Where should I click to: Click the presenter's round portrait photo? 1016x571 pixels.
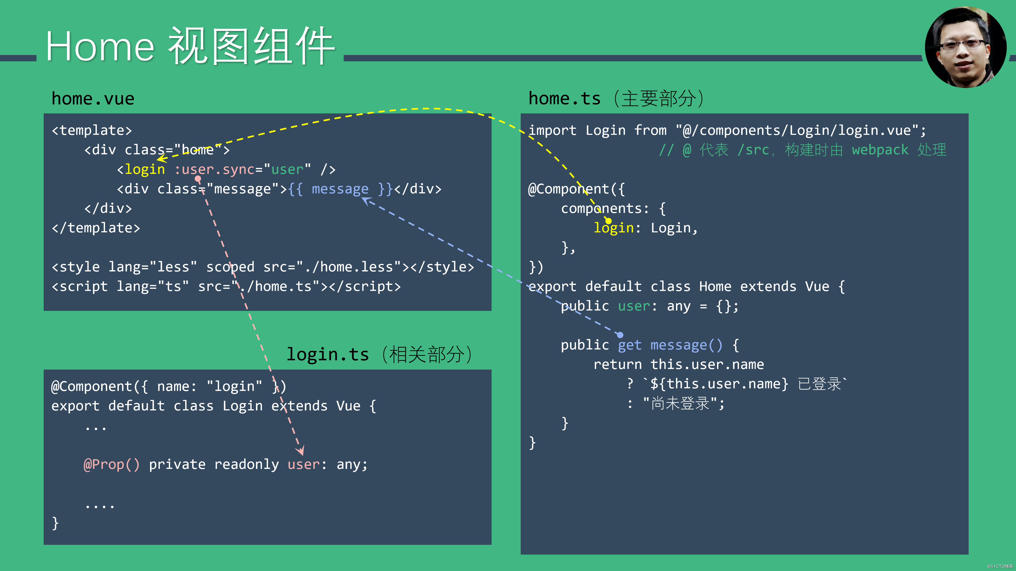(965, 47)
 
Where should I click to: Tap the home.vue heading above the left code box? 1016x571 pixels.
(93, 99)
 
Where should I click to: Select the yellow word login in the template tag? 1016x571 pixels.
(145, 169)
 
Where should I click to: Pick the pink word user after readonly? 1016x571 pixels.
(303, 465)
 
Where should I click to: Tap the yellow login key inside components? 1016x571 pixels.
(614, 228)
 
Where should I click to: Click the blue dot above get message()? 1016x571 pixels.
(620, 335)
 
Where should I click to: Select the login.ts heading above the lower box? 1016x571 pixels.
(327, 355)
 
